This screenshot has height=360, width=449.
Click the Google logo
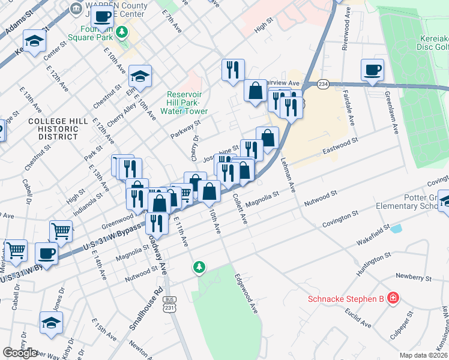click(20, 353)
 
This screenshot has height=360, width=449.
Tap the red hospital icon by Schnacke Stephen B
click(393, 298)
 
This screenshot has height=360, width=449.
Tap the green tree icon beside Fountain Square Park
click(122, 31)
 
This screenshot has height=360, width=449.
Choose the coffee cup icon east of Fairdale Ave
click(372, 69)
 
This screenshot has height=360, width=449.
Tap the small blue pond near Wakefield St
click(396, 228)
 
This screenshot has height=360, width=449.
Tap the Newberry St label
click(413, 277)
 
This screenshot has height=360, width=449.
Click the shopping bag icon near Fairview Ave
click(255, 91)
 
